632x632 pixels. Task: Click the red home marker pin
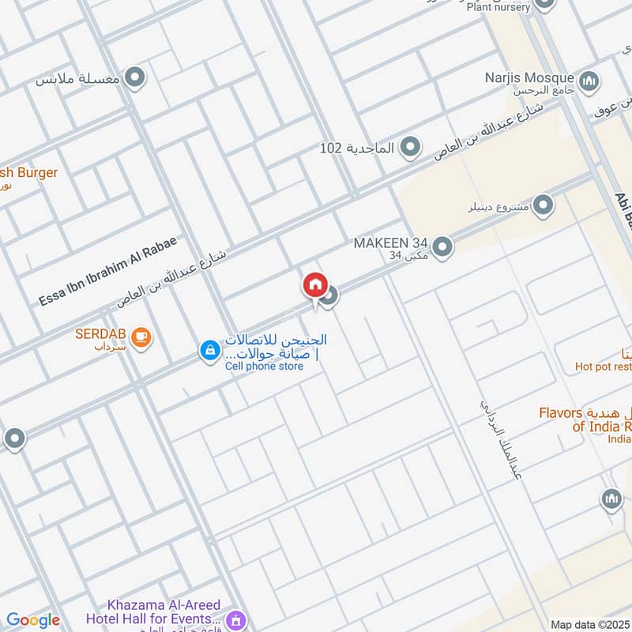(314, 285)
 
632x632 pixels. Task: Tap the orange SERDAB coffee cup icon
(142, 337)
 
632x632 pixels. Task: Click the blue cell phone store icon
(209, 350)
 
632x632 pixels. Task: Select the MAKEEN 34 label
(390, 243)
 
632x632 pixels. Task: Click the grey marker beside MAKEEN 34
(442, 247)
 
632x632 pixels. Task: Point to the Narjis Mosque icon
(589, 81)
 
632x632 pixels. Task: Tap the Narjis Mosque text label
(529, 77)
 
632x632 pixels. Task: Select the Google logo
(33, 620)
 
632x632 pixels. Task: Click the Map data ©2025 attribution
(589, 624)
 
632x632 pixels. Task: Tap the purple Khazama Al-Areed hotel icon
(234, 619)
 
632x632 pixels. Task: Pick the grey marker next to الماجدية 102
(409, 146)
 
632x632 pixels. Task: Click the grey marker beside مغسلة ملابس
(136, 77)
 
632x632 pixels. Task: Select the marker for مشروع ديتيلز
(543, 206)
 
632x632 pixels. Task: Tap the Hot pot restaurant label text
(604, 366)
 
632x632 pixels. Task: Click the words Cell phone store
(264, 367)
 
